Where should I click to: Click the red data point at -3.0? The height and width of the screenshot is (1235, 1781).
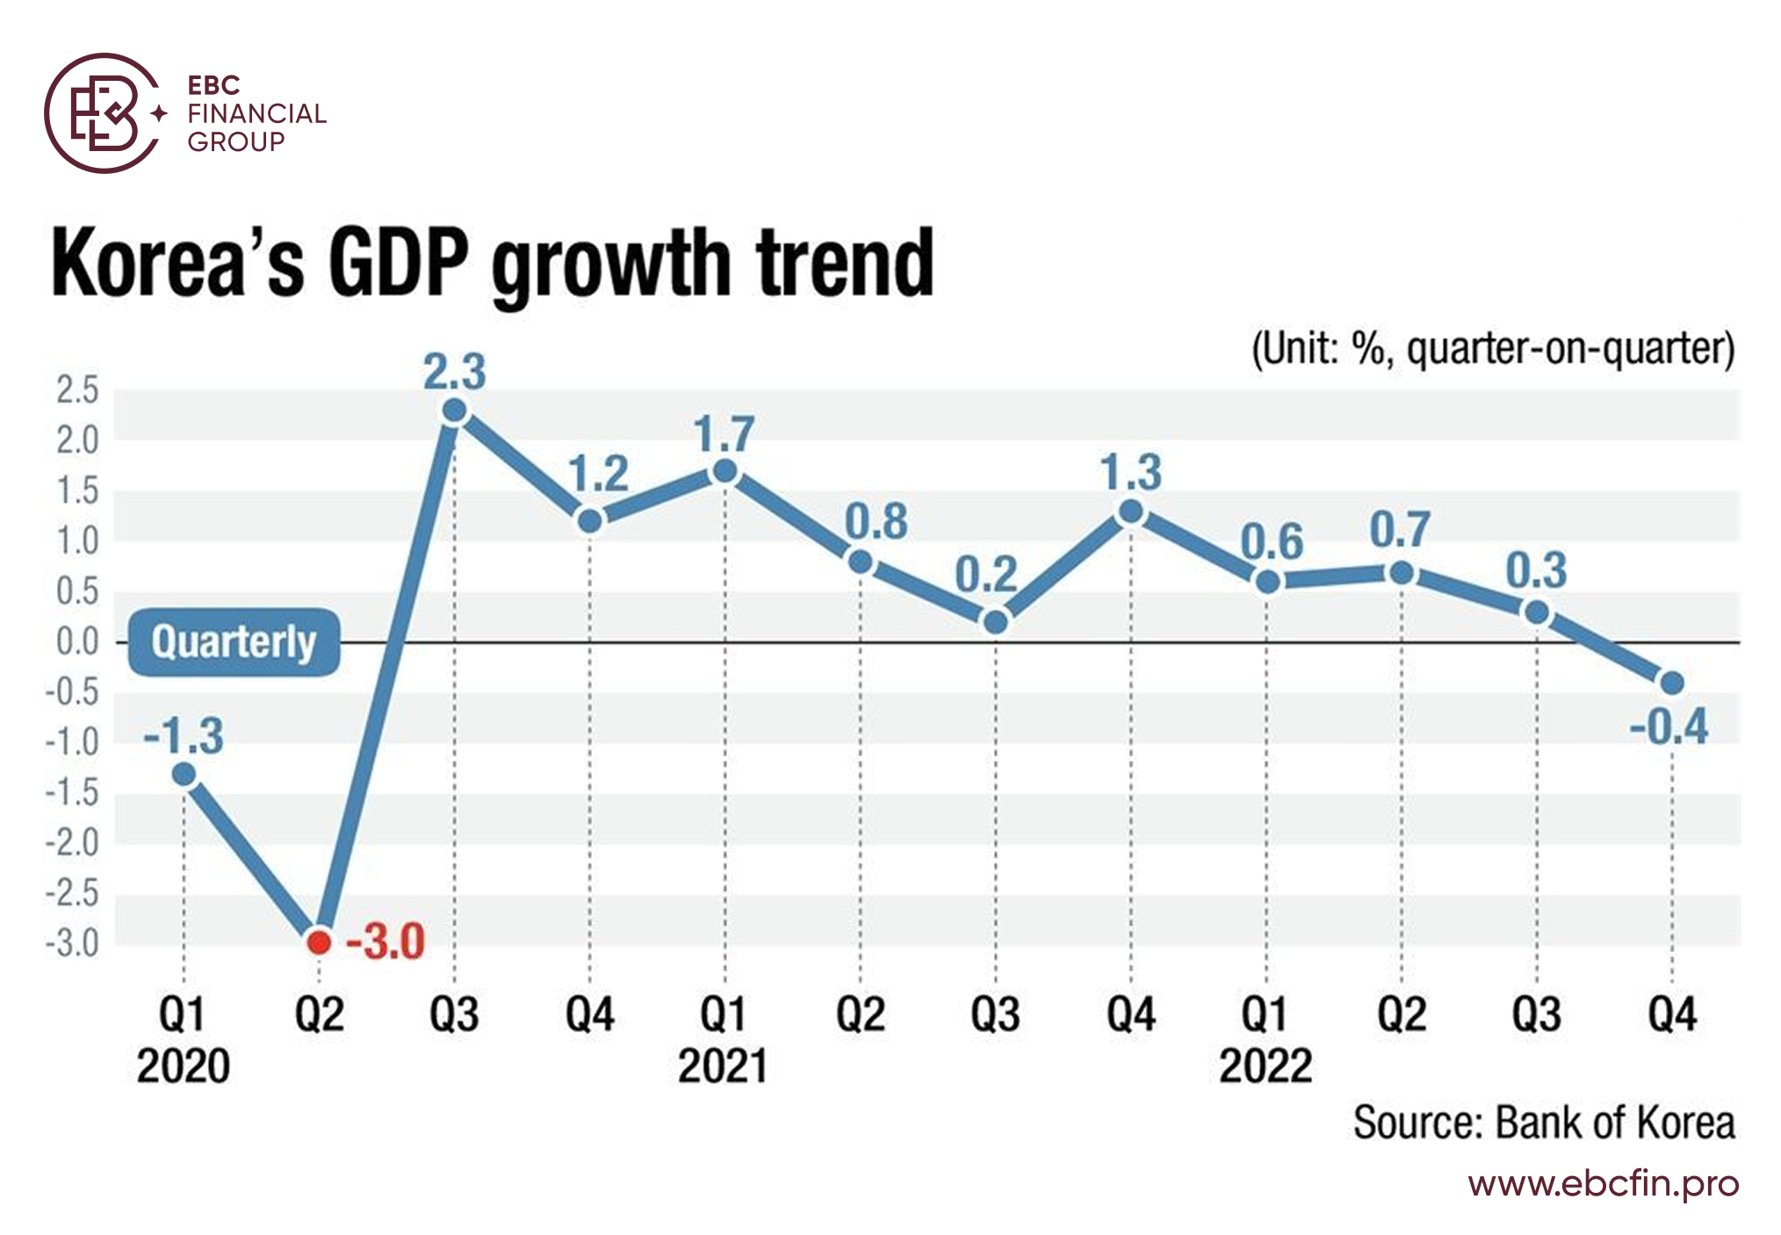(x=320, y=942)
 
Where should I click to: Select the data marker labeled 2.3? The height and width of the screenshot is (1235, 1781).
(x=455, y=410)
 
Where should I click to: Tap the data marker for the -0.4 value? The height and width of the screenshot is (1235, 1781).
(x=1672, y=682)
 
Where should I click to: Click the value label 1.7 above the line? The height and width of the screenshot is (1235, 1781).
(x=724, y=434)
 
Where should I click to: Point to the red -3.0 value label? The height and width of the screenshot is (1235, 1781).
(x=385, y=942)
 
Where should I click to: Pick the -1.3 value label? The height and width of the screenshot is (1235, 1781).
(x=184, y=735)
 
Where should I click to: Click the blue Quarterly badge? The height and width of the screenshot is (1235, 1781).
(x=234, y=642)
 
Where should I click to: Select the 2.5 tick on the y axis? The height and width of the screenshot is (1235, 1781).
(x=77, y=390)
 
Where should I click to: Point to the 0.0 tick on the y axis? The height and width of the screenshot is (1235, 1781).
(x=77, y=642)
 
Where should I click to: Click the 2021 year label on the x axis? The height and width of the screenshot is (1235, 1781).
(x=723, y=1066)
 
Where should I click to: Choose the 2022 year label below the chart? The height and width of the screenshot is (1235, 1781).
(x=1265, y=1066)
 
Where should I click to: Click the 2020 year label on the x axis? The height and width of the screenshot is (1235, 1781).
(x=183, y=1066)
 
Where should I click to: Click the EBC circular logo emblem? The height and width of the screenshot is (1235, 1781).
(x=104, y=113)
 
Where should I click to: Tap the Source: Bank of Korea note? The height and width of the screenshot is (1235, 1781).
(x=1544, y=1123)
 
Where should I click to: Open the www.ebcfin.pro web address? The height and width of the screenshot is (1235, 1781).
(x=1604, y=1184)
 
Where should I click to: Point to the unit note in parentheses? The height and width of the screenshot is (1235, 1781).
(x=1493, y=349)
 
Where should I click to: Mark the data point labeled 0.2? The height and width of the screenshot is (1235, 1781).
(x=996, y=622)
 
